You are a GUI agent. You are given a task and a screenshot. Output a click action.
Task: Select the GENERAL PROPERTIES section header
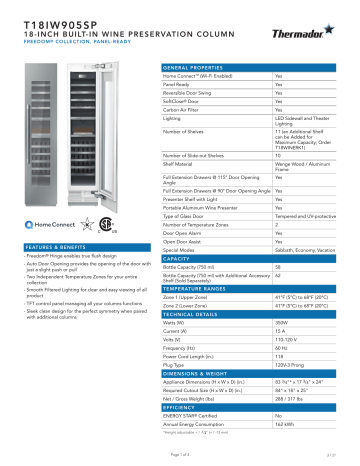pos(195,67)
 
